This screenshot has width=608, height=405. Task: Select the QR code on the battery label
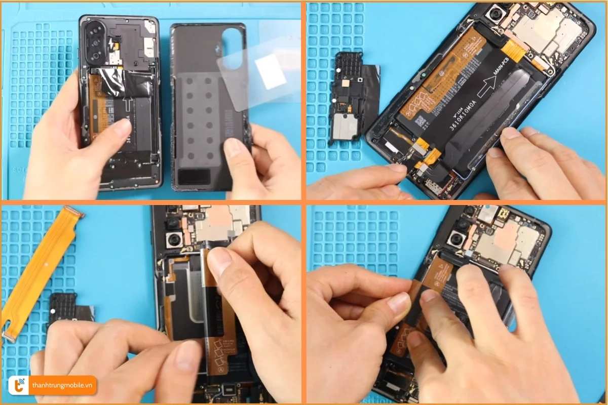[x=420, y=121]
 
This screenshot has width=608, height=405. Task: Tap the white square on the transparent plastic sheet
[x=271, y=71]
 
